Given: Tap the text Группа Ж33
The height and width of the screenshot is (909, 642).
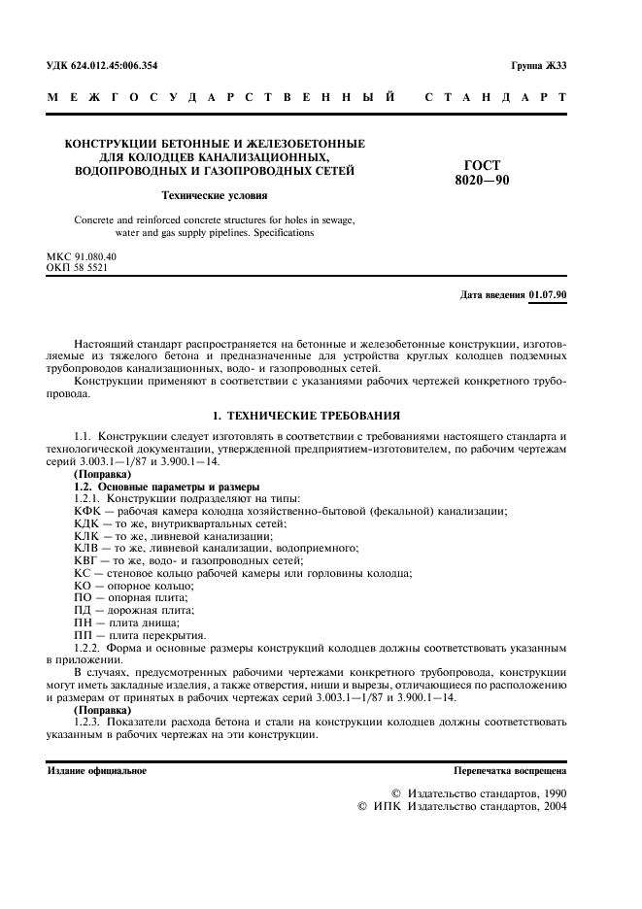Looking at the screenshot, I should [x=539, y=66].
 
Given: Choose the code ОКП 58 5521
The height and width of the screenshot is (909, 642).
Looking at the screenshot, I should [x=78, y=266].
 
